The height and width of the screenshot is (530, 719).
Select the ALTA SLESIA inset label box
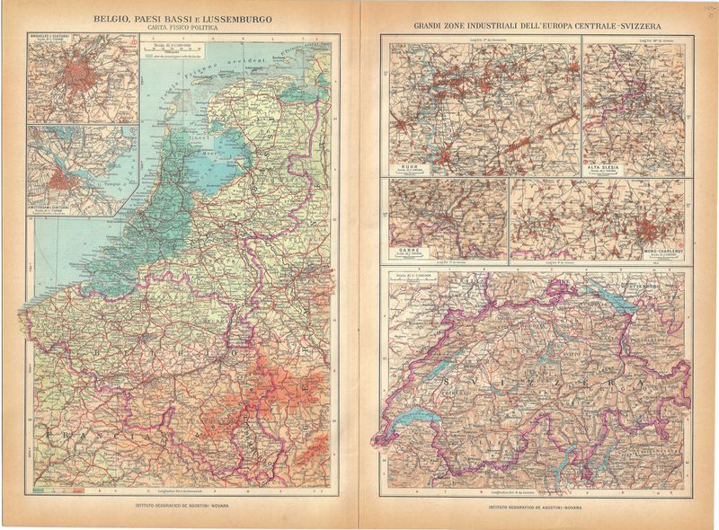pos(607,167)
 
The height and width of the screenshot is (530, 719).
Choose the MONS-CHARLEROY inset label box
pos(658,254)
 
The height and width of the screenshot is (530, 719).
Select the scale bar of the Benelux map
pos(180,46)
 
